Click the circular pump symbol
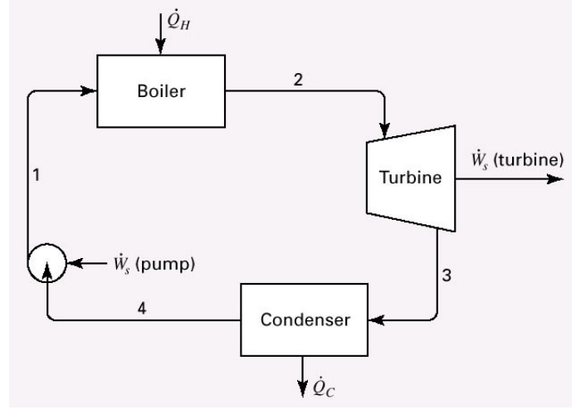[47, 266]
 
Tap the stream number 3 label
[447, 276]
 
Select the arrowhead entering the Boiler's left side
[92, 91]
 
